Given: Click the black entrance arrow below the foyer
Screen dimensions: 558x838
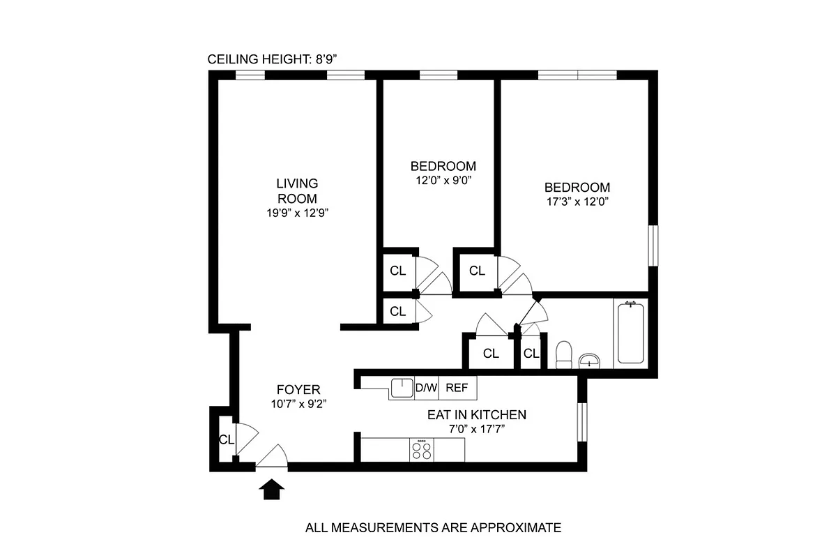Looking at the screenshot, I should tap(273, 490).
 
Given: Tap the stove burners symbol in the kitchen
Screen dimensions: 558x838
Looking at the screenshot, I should tap(422, 449).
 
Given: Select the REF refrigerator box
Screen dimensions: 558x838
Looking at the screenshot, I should tap(457, 388).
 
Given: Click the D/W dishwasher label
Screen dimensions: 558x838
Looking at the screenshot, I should tap(426, 388).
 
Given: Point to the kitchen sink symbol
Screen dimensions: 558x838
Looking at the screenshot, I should tap(402, 388).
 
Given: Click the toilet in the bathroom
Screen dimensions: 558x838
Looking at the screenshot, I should tap(564, 354).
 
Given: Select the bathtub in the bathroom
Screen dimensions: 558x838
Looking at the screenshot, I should tap(630, 332).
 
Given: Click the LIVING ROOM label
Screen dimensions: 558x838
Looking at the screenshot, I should tap(297, 190).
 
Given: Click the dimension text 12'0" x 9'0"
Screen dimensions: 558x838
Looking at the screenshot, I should tap(443, 180).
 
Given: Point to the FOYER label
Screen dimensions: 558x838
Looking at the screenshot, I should tap(298, 390).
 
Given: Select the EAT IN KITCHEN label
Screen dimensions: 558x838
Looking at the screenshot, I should tap(477, 415).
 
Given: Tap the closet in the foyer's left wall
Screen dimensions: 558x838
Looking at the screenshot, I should tap(225, 439).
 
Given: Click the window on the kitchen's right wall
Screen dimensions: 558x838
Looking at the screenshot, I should tap(582, 422).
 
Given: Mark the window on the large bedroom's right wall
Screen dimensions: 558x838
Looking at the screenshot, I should tap(653, 245).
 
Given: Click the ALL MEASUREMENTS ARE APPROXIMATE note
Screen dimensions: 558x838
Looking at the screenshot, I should tap(433, 527).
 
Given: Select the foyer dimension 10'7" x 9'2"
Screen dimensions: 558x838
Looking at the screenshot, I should tap(298, 403).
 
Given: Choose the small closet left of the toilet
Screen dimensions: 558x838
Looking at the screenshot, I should tap(531, 354).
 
